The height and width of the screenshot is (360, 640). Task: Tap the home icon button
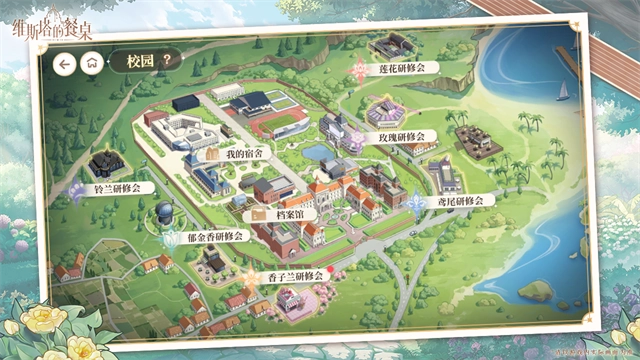click(x=91, y=62)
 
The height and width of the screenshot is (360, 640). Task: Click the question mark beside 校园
click(x=166, y=60)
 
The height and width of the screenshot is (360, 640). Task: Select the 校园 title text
click(x=140, y=60)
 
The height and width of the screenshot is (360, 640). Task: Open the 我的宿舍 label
click(x=243, y=154)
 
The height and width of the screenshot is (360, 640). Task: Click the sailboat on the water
click(x=562, y=91)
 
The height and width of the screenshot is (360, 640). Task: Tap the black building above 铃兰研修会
click(x=104, y=163)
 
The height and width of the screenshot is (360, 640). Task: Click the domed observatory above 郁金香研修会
click(x=164, y=213)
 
